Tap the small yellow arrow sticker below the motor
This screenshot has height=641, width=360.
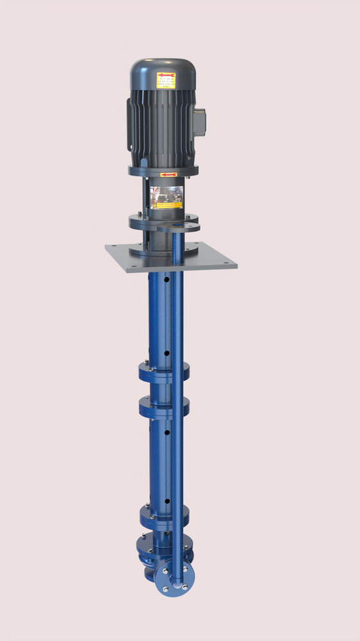point(168,174)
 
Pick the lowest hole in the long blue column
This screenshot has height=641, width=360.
point(167,501)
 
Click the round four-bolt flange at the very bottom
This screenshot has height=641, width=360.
point(174,577)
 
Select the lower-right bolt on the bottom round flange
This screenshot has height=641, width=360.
point(184,585)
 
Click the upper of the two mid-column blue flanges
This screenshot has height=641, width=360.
point(163,370)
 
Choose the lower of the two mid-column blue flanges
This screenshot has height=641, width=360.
point(163,405)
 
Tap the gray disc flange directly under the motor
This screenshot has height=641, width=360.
point(163,171)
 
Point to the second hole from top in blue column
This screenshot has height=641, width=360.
point(167,353)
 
